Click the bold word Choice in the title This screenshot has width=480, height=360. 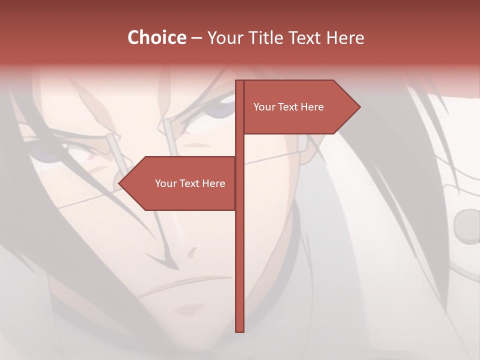[156, 37]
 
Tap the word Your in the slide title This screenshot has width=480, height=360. [224, 38]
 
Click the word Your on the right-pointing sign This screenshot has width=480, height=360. [263, 107]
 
